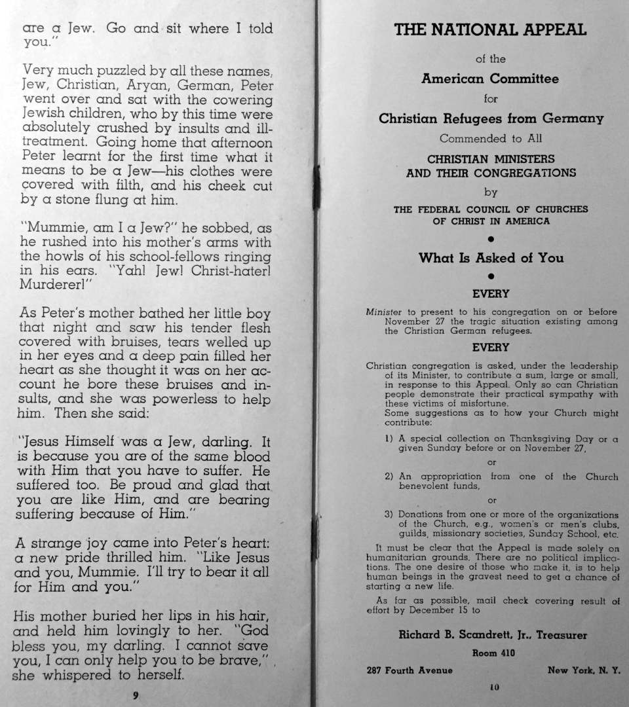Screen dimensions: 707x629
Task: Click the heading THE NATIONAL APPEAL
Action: point(490,29)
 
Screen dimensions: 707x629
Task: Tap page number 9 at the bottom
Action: point(136,695)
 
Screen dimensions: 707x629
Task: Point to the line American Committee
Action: point(490,79)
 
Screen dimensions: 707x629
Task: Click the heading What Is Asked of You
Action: point(491,258)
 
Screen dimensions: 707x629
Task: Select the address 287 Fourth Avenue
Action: point(410,670)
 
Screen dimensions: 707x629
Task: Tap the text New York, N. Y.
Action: point(583,670)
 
